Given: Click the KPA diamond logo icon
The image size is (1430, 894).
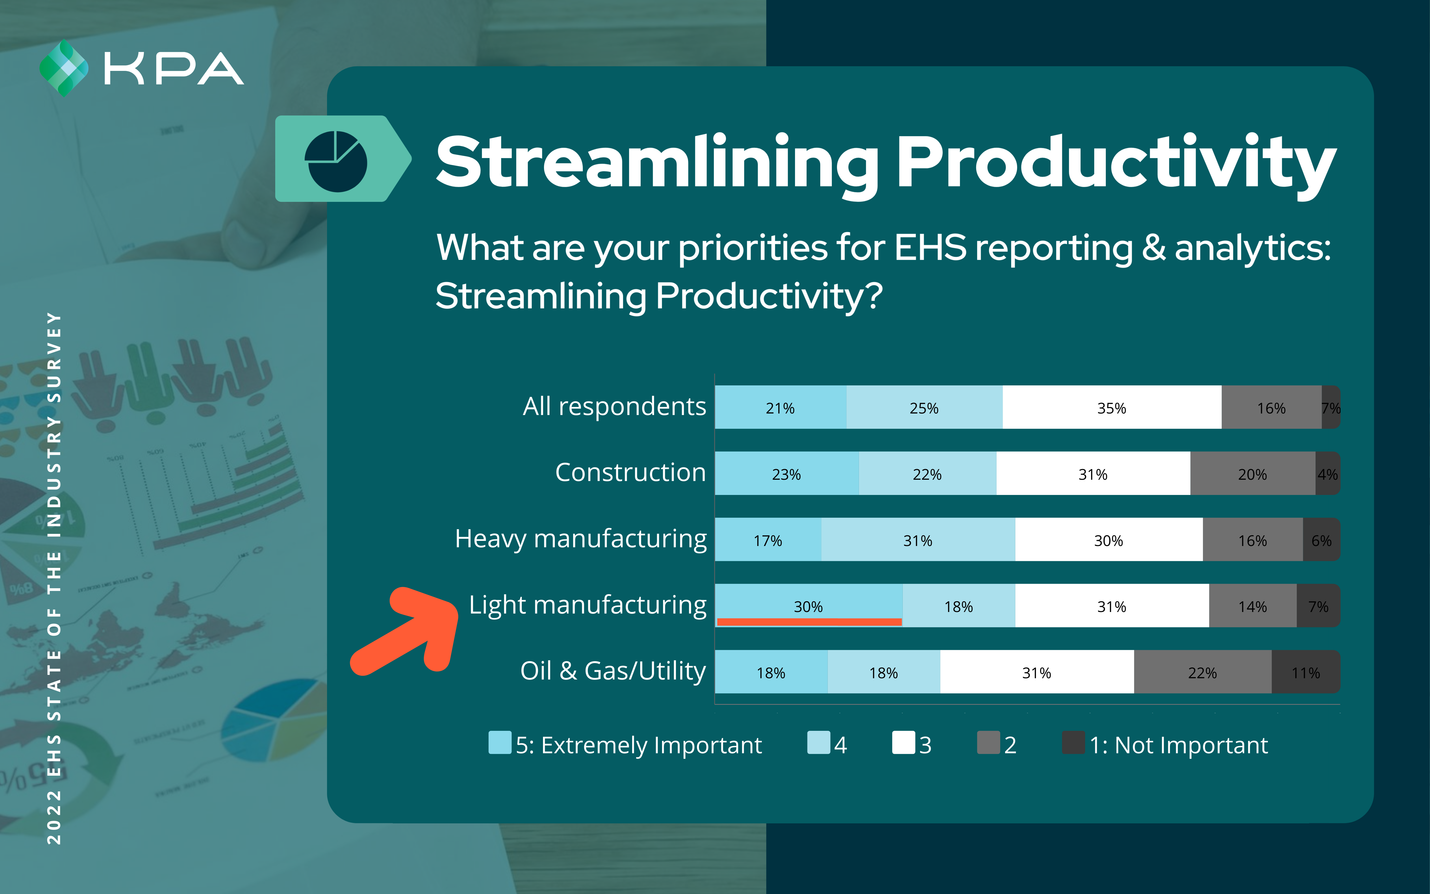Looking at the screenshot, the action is coord(64,68).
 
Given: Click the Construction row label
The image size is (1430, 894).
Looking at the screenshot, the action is coord(631,473).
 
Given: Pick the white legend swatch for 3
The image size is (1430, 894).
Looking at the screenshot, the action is coord(904,743).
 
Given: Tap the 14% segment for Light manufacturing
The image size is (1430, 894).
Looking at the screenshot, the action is coord(1253,606).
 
